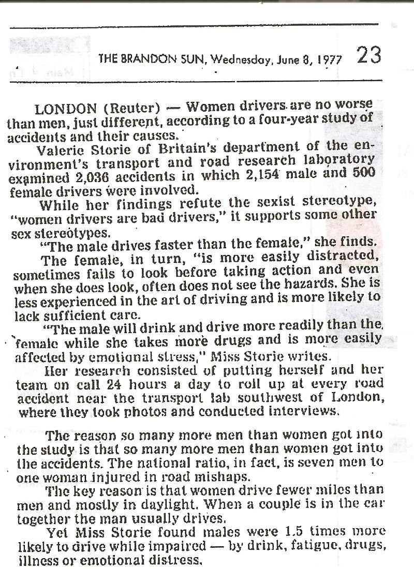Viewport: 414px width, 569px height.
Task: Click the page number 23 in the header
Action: click(x=369, y=55)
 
